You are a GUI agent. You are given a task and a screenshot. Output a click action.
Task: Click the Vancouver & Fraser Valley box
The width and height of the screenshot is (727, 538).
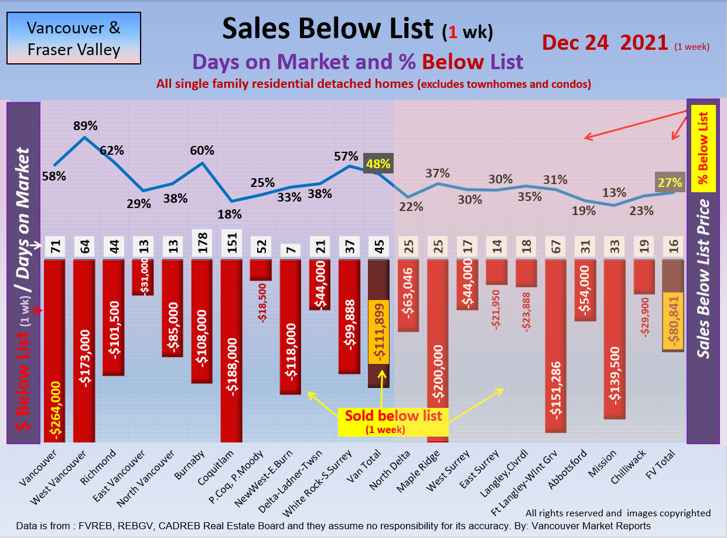(74, 38)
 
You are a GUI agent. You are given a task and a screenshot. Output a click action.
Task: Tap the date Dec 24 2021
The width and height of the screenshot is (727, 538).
(605, 43)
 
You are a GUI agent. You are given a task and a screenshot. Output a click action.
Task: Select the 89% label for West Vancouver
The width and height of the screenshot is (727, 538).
(86, 125)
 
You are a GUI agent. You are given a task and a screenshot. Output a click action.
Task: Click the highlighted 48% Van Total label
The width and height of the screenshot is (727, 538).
(378, 164)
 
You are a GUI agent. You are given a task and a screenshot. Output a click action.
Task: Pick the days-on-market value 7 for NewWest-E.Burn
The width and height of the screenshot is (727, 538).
(291, 247)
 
